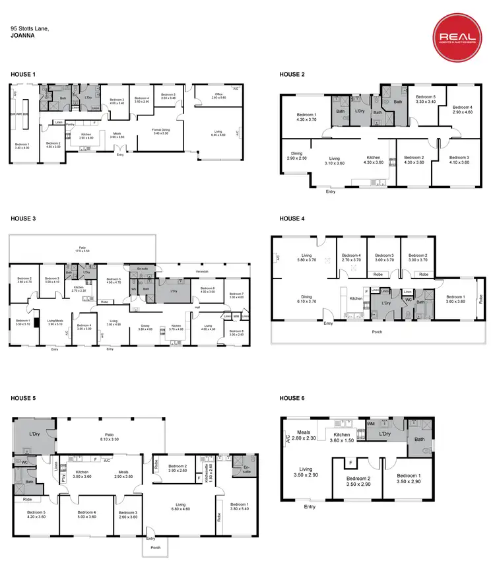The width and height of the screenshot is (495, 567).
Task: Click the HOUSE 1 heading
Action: pos(23,75)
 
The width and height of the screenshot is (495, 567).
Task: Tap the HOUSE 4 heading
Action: pos(292,218)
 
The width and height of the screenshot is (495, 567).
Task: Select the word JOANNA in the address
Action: pos(23,38)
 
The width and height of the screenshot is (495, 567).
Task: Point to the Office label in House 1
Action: pos(218,96)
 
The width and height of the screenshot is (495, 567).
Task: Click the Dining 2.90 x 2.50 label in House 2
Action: pos(297,156)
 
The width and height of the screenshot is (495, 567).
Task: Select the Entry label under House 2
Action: pos(331,193)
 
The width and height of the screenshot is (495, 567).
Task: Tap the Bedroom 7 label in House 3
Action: pos(236,295)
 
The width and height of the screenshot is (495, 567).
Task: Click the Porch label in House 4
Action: pos(377,331)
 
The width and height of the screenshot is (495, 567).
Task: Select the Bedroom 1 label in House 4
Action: pos(455,298)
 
